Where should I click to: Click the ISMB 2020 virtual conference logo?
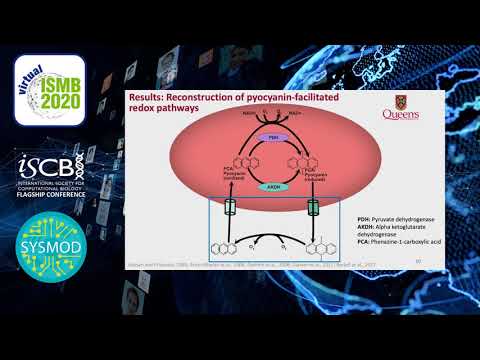tap(57, 91)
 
